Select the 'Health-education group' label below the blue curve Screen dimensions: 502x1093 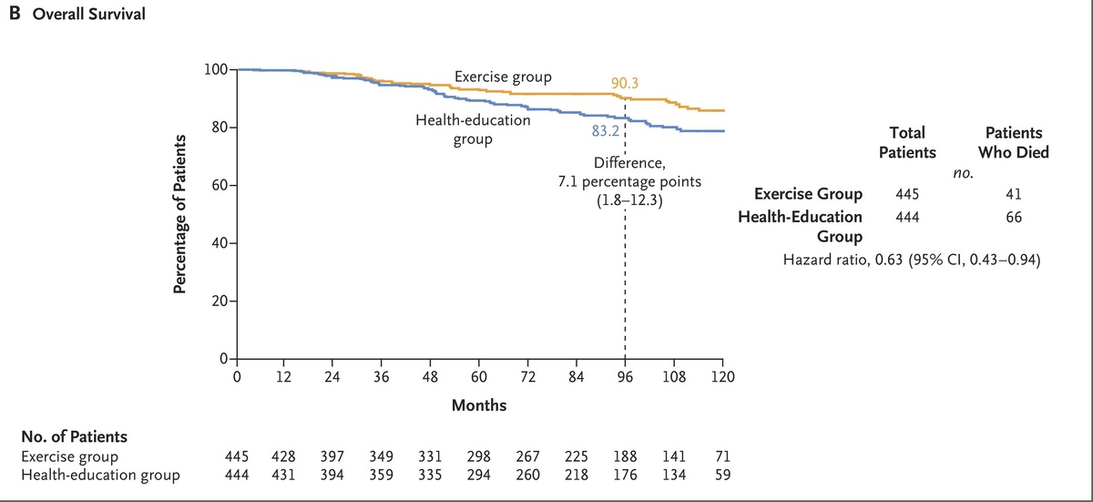[460, 130]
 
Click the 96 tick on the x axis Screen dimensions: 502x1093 [625, 376]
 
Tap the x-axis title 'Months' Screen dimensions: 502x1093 [479, 404]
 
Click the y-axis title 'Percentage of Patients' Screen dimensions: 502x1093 [179, 215]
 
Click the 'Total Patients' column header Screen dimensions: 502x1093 [907, 143]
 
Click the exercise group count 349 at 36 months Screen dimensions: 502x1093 [382, 456]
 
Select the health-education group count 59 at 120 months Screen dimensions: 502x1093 [723, 474]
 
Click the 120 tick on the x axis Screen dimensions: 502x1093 [722, 376]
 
